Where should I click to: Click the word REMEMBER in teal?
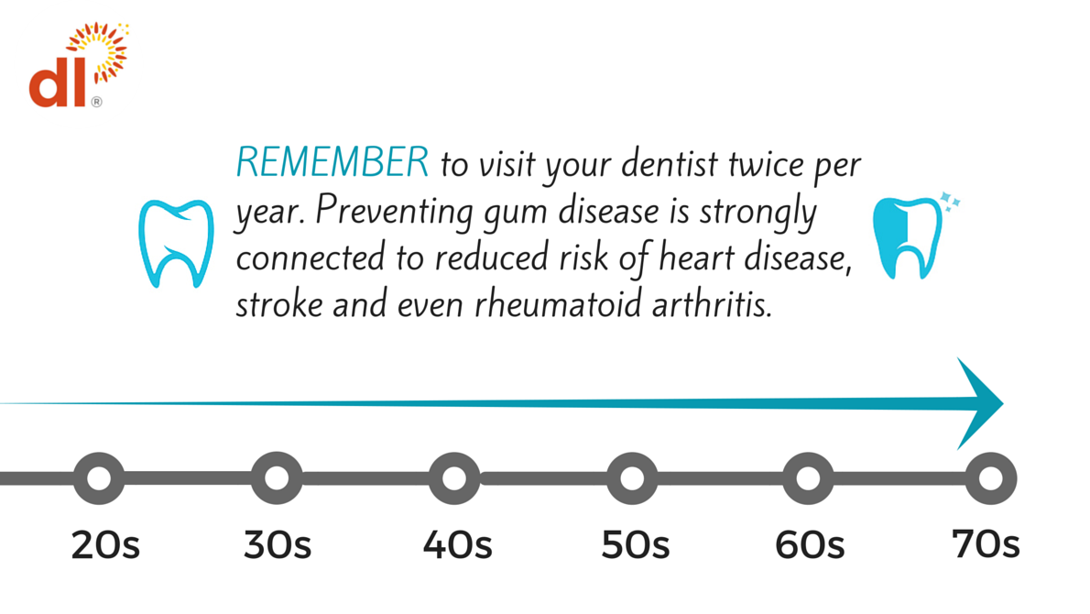pyautogui.click(x=332, y=162)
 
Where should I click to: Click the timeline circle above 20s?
pyautogui.click(x=99, y=478)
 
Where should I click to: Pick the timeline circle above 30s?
pyautogui.click(x=277, y=478)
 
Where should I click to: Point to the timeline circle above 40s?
pyautogui.click(x=454, y=478)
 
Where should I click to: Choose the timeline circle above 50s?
pyautogui.click(x=632, y=478)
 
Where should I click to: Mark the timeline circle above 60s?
pyautogui.click(x=808, y=478)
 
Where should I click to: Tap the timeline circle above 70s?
pyautogui.click(x=990, y=478)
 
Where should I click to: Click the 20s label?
pyautogui.click(x=105, y=544)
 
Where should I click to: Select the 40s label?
pyautogui.click(x=457, y=544)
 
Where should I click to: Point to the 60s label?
pyautogui.click(x=810, y=544)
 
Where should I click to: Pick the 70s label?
pyautogui.click(x=986, y=543)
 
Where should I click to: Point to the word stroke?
pyautogui.click(x=279, y=304)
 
